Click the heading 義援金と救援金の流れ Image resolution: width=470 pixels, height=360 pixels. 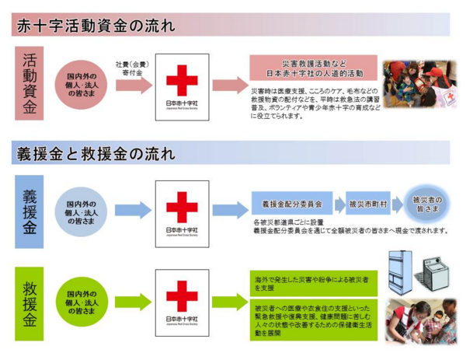(x=97, y=152)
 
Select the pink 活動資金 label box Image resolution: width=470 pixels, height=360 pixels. (x=30, y=84)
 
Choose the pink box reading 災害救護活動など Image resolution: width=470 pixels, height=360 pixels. (x=313, y=68)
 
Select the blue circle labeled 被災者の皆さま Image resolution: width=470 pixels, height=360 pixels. (x=425, y=204)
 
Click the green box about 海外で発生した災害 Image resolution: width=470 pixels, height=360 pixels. (x=313, y=281)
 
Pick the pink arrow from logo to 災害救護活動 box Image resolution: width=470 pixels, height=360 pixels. (x=228, y=86)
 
